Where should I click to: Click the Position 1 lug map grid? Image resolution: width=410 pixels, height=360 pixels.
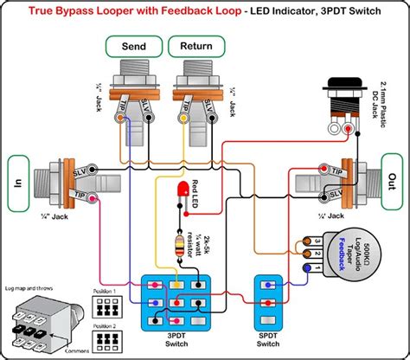pos(103,299)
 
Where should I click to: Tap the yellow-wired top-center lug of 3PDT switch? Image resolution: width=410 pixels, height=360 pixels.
pos(176,284)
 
